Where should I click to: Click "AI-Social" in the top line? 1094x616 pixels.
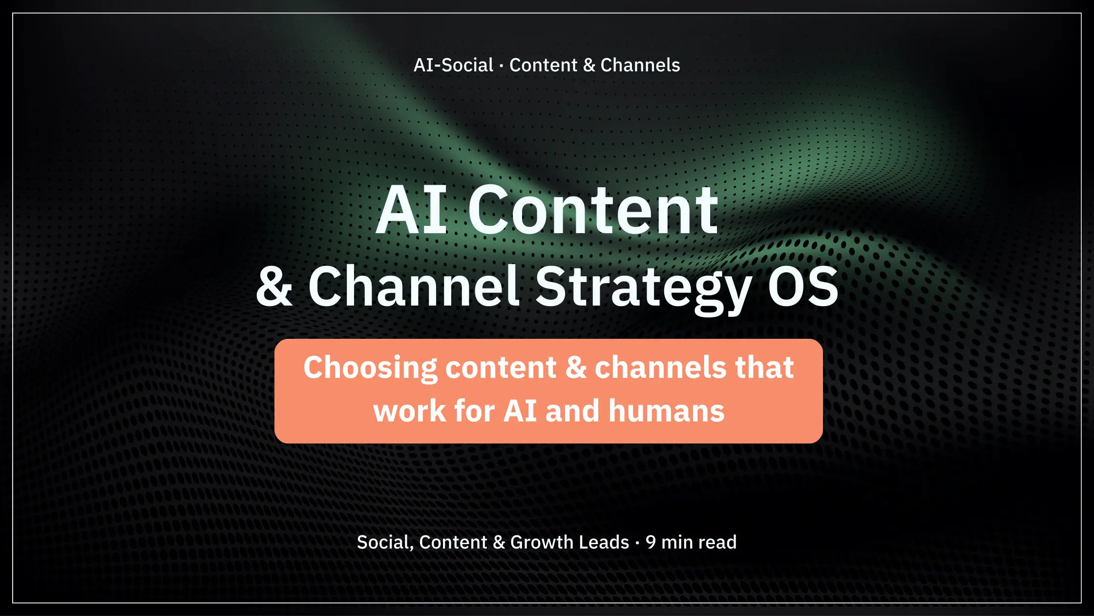point(453,65)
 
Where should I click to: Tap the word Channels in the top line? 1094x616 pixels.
point(640,65)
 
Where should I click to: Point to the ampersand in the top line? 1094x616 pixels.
point(589,65)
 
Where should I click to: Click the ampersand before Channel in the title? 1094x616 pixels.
point(274,286)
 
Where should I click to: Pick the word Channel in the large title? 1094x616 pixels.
point(413,286)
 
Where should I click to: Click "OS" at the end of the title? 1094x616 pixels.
point(803,286)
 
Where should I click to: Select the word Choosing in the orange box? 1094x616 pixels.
point(370,368)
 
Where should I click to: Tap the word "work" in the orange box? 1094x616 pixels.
point(409,411)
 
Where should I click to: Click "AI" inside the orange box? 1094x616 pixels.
point(520,411)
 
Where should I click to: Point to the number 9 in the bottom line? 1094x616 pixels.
point(651,542)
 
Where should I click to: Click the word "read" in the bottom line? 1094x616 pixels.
point(717,542)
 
